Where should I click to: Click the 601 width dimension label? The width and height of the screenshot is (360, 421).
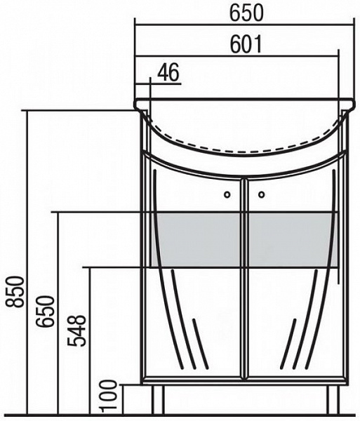pyautogui.click(x=246, y=45)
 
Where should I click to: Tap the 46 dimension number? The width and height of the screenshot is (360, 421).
pyautogui.click(x=168, y=72)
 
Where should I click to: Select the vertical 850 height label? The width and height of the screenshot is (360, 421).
pyautogui.click(x=15, y=292)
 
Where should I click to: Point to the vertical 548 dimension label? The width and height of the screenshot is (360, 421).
pyautogui.click(x=76, y=330)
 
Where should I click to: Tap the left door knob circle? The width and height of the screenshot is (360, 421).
pyautogui.click(x=227, y=194)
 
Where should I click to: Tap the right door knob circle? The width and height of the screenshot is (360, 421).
pyautogui.click(x=262, y=194)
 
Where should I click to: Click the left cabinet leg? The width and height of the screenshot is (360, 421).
pyautogui.click(x=158, y=399)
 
